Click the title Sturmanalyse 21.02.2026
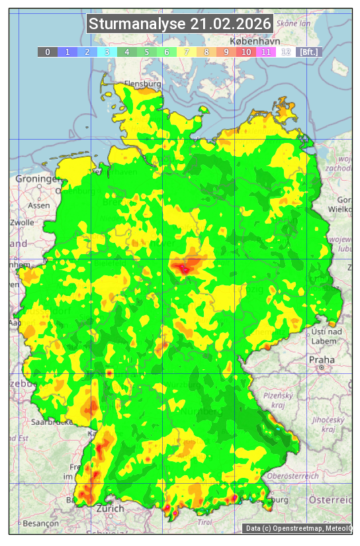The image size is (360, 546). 180,24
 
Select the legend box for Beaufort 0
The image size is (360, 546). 48,52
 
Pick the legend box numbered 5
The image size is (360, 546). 147,52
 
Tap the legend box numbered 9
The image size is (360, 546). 226,52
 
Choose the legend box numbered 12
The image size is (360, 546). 286,52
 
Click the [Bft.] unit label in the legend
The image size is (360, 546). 308,52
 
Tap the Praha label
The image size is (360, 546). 321,360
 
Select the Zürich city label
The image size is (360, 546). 110,508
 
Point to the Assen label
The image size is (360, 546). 39,205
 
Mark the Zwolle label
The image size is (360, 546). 21,222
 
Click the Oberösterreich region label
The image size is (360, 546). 293,476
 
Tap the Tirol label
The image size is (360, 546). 204,522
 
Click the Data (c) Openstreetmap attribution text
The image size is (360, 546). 298,528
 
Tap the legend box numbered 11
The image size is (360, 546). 266,52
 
